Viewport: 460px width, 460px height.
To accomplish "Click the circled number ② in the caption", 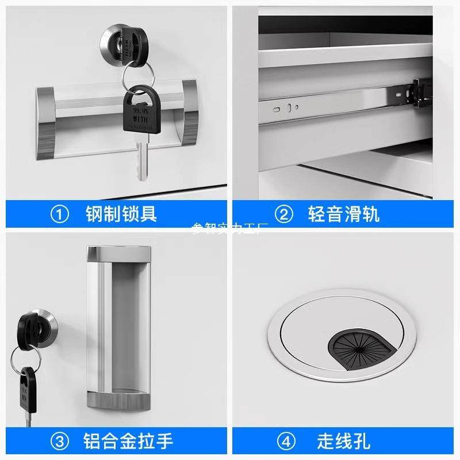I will click(x=283, y=215).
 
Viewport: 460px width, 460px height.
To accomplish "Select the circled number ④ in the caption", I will click(x=283, y=442).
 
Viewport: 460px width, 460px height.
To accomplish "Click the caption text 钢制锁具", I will click(x=121, y=215).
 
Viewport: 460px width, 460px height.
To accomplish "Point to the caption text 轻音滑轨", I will click(x=344, y=215).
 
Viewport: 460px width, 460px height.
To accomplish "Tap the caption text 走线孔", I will click(x=344, y=442).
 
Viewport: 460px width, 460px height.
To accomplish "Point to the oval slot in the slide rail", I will click(x=278, y=108).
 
